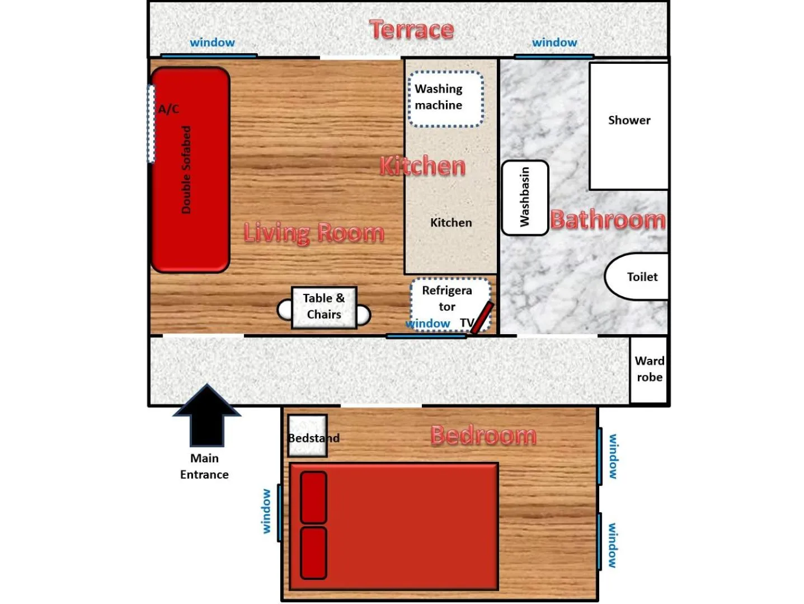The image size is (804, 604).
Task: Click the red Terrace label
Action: click(411, 30)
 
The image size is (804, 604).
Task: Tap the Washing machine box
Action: click(445, 99)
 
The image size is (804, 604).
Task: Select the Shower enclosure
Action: click(629, 126)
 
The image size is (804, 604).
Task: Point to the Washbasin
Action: click(525, 198)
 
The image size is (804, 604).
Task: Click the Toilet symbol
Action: click(638, 277)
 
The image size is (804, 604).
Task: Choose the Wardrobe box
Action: click(648, 369)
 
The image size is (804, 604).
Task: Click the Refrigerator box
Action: click(448, 299)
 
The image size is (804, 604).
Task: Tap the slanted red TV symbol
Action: click(482, 318)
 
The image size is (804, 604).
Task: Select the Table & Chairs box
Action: click(324, 307)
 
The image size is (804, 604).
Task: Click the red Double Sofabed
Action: click(191, 170)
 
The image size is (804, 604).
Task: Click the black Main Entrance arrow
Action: click(207, 415)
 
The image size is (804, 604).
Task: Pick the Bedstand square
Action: click(307, 436)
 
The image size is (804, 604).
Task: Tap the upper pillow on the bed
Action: click(313, 497)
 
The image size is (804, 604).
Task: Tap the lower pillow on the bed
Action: click(313, 553)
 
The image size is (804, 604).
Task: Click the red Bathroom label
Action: click(608, 219)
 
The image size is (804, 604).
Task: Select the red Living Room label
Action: click(314, 232)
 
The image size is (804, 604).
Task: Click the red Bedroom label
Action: click(483, 435)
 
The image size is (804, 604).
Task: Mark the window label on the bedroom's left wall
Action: click(266, 511)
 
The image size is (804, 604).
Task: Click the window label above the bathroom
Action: click(554, 43)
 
